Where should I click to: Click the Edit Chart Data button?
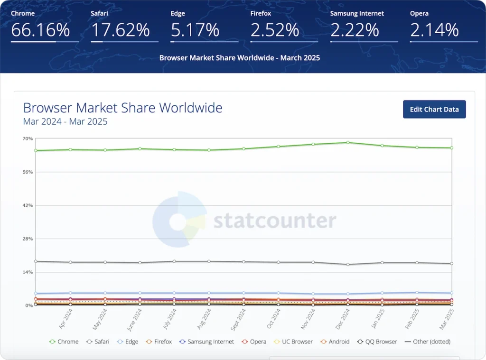[x=434, y=109]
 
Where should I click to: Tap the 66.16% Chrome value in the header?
[x=40, y=30]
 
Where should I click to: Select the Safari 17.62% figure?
[x=120, y=30]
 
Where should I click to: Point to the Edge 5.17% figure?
[x=195, y=30]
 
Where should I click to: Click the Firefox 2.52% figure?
[x=275, y=30]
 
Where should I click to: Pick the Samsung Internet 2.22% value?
[x=355, y=30]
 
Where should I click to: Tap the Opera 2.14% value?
[x=434, y=30]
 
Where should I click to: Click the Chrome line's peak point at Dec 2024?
[x=348, y=142]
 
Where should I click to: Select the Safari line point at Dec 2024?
[x=348, y=264]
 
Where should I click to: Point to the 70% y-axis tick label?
[x=28, y=138]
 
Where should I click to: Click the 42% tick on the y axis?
[x=28, y=205]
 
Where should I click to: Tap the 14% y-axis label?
[x=28, y=272]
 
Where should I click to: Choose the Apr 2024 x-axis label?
[x=65, y=319]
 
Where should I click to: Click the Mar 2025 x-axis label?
[x=447, y=319]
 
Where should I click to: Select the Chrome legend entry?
[x=64, y=342]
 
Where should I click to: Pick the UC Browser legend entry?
[x=293, y=342]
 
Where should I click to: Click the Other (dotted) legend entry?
[x=428, y=342]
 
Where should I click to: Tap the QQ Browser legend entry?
[x=377, y=342]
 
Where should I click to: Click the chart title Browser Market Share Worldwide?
[x=123, y=108]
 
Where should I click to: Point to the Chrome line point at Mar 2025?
[x=452, y=148]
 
